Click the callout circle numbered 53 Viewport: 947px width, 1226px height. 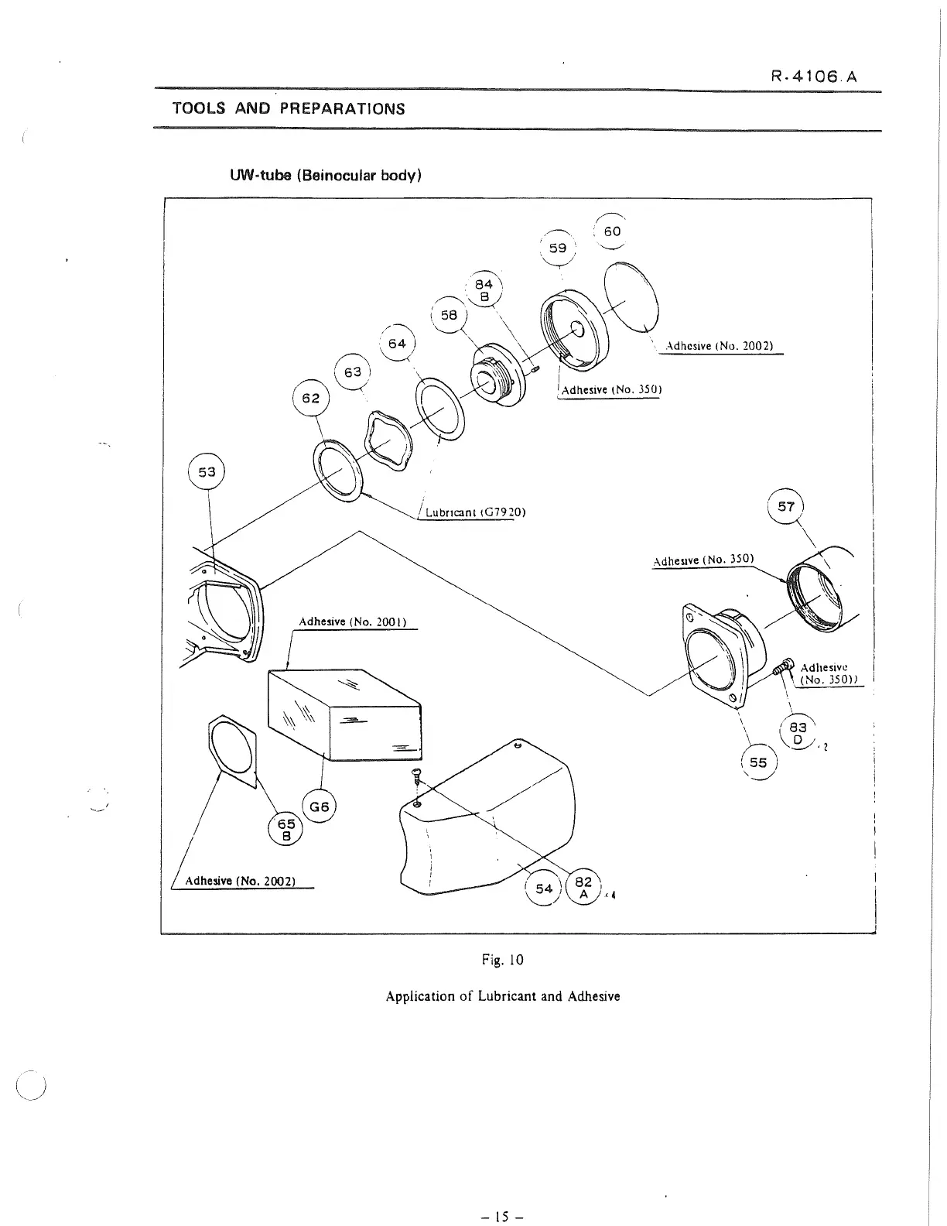(x=207, y=471)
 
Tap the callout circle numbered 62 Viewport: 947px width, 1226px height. (x=310, y=399)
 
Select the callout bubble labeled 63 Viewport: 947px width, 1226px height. (x=353, y=372)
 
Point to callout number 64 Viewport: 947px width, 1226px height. (x=397, y=344)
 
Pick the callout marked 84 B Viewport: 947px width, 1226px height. (x=484, y=290)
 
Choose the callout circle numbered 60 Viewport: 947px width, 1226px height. (x=612, y=231)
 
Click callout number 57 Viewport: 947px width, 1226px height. (x=786, y=507)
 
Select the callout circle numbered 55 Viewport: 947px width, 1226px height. (x=758, y=762)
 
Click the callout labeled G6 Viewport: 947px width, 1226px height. (x=320, y=807)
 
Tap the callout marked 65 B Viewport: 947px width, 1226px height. (x=286, y=830)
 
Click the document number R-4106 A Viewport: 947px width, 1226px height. (x=814, y=77)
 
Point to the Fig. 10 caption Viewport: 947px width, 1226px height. (x=503, y=961)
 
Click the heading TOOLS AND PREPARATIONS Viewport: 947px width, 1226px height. (x=289, y=108)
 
